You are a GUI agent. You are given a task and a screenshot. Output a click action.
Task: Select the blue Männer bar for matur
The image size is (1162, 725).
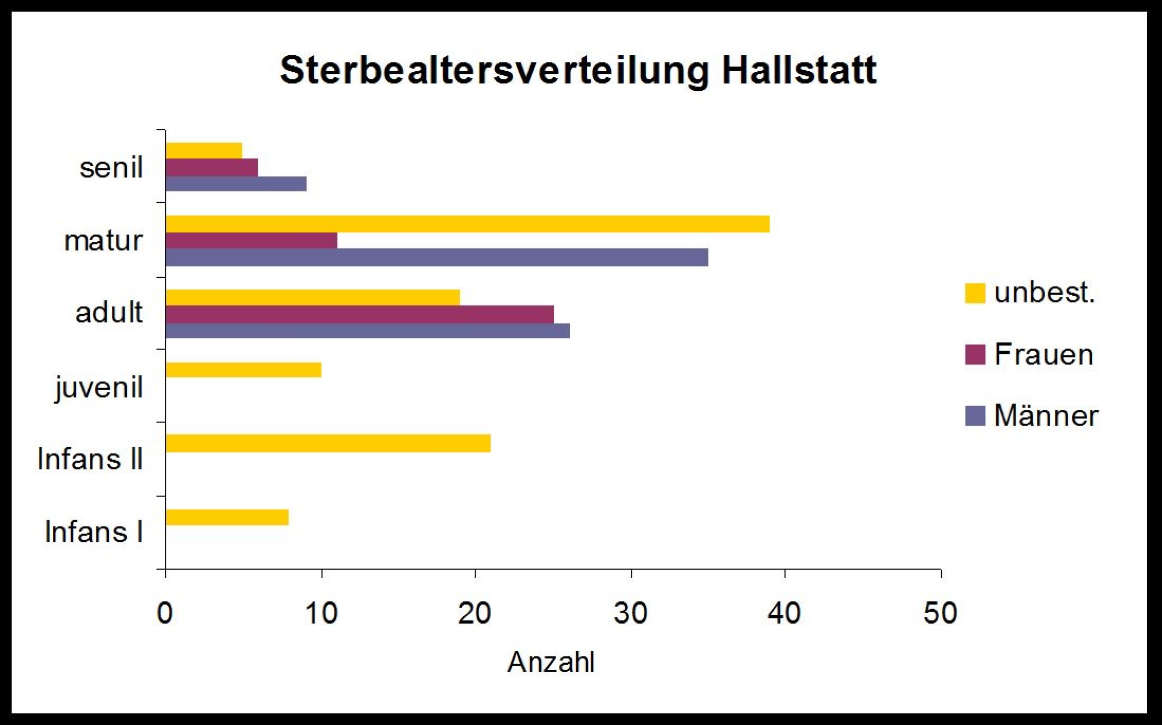[436, 258]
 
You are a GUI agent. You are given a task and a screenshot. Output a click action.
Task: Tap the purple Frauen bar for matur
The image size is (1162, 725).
[251, 241]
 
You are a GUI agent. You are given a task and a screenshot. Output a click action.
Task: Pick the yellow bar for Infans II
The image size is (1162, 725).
[327, 444]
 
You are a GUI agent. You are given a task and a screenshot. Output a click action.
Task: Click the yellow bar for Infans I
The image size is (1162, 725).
[227, 517]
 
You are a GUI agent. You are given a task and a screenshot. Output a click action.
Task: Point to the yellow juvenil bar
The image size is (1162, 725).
[243, 370]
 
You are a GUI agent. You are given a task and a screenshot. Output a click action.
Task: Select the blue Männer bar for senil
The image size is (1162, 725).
[236, 184]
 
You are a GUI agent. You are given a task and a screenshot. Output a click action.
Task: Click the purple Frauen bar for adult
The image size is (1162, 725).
[359, 315]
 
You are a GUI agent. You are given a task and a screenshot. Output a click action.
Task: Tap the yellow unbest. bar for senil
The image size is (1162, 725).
[204, 150]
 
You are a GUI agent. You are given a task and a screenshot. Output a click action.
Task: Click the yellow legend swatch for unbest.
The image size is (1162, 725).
[974, 293]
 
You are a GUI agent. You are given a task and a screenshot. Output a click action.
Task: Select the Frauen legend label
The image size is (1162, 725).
[1043, 354]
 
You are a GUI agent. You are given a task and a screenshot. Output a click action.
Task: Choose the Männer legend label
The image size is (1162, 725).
[1046, 416]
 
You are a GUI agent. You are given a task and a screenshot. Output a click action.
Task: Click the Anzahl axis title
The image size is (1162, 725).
[550, 662]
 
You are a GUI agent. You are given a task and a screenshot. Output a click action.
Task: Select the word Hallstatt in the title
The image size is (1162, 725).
[799, 70]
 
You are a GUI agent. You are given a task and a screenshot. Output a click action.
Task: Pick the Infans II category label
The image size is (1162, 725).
[90, 459]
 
